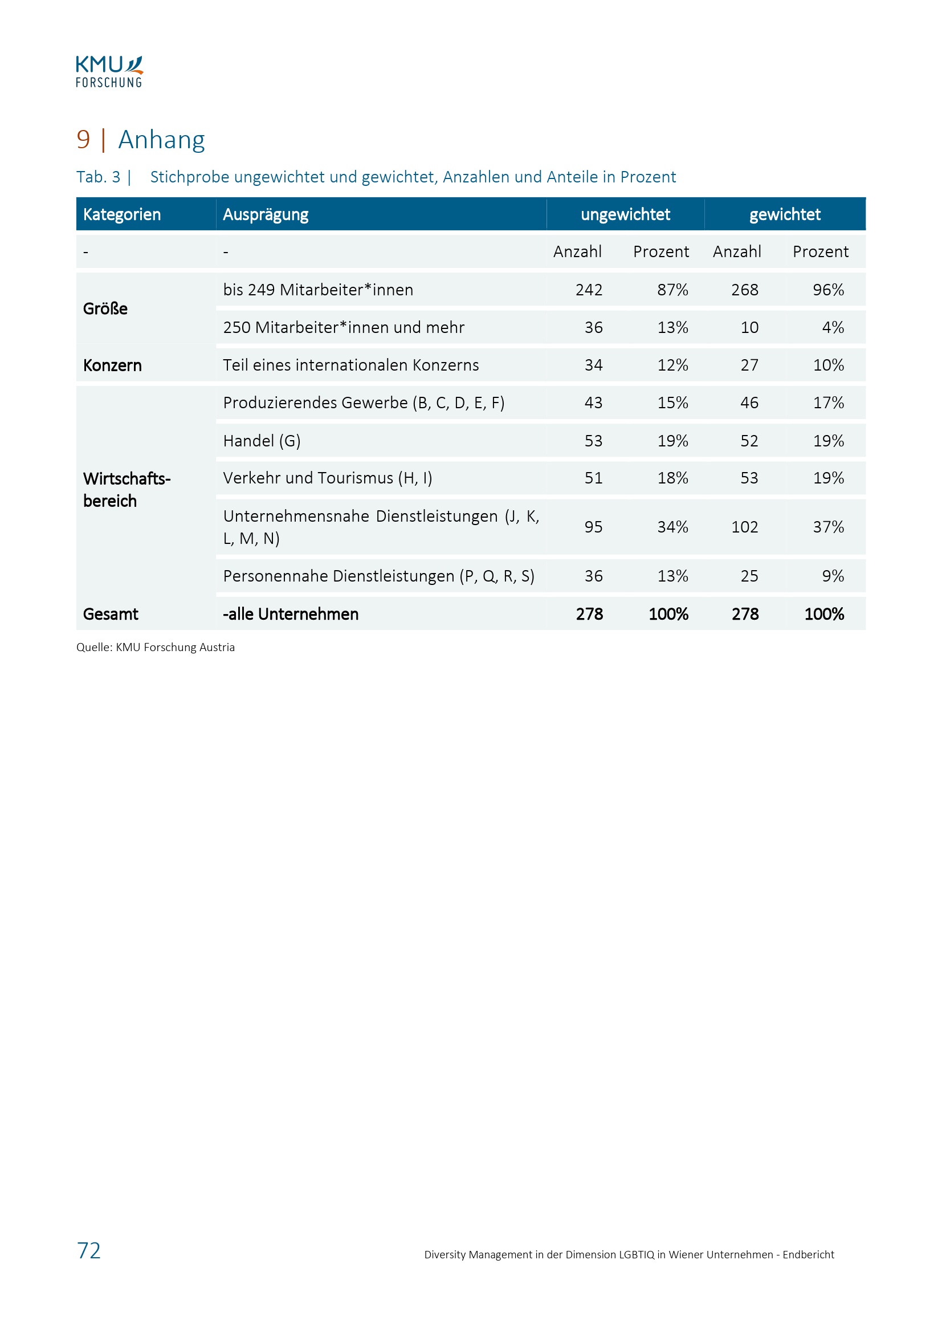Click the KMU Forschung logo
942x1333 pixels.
click(x=109, y=71)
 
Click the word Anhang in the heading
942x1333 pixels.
click(x=161, y=140)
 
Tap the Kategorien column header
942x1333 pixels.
click(x=122, y=214)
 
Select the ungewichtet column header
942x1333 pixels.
click(x=625, y=214)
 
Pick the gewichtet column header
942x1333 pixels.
click(x=785, y=214)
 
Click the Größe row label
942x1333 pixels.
click(x=105, y=308)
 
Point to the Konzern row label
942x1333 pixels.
click(x=112, y=365)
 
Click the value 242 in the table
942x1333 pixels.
click(x=589, y=290)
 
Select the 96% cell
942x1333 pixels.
click(x=827, y=290)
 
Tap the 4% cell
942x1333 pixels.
click(x=833, y=327)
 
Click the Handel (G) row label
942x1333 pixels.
click(x=262, y=441)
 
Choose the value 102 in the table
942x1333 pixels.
click(x=744, y=527)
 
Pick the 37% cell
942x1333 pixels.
click(x=827, y=527)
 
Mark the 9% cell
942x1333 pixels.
click(x=833, y=576)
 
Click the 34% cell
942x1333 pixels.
click(x=672, y=527)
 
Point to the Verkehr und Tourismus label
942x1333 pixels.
click(x=327, y=478)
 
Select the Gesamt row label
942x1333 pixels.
click(x=111, y=613)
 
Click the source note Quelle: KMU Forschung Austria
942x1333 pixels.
click(x=156, y=647)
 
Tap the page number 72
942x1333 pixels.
click(x=89, y=1250)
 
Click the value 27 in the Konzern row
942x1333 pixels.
click(x=749, y=365)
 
